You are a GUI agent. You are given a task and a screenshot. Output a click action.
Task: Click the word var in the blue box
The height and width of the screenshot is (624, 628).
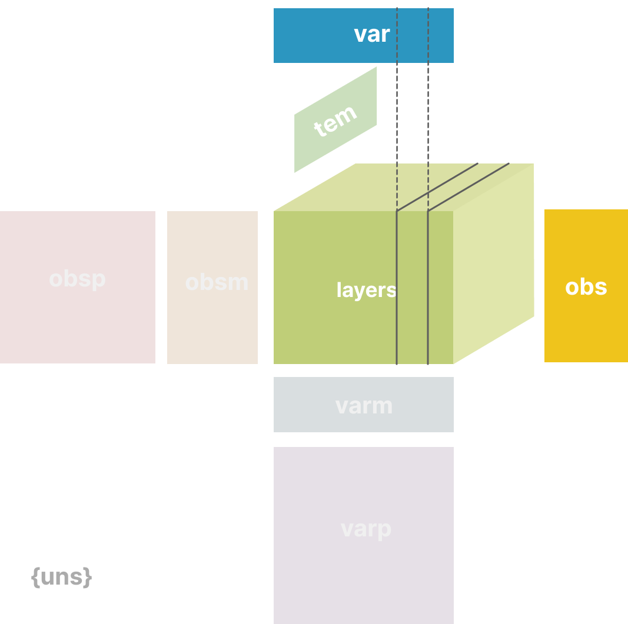click(371, 35)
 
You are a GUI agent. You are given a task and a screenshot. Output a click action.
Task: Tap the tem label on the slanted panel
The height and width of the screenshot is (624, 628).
click(335, 121)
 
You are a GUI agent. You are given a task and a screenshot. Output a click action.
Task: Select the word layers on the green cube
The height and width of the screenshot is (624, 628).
click(366, 290)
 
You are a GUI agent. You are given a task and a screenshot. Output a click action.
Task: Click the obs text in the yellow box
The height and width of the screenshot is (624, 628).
click(586, 287)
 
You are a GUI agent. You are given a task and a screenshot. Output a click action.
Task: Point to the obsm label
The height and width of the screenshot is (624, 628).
click(217, 282)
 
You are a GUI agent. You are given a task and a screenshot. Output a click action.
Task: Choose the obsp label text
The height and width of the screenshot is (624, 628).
click(77, 279)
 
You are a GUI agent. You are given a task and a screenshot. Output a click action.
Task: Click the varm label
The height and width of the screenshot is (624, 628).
click(364, 406)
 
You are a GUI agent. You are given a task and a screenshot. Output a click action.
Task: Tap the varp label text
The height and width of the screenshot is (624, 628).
click(366, 529)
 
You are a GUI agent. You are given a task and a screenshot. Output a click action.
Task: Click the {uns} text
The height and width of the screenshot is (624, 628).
click(62, 577)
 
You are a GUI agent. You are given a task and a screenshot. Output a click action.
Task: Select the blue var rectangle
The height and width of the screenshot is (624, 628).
click(364, 36)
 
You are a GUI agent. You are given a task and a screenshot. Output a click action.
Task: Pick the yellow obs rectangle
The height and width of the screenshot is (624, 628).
click(586, 286)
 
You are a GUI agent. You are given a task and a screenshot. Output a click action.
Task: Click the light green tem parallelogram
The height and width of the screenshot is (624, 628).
click(335, 119)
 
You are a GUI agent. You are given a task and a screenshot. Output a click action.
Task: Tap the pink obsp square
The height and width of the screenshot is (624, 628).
click(78, 288)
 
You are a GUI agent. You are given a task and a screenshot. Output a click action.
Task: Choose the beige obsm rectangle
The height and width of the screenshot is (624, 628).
click(212, 288)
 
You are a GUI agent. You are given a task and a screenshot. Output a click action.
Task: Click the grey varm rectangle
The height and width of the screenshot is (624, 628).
click(364, 405)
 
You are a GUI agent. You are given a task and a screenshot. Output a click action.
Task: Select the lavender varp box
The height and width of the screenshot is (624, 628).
click(364, 535)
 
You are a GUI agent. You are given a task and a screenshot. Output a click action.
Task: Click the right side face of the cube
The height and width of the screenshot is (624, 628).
click(493, 263)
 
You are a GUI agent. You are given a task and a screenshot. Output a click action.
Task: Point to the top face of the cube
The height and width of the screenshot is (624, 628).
click(404, 188)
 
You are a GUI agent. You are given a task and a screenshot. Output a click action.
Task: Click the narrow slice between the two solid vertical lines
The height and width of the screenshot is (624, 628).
click(412, 288)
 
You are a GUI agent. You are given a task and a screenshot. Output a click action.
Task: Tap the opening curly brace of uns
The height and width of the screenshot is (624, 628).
click(36, 577)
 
